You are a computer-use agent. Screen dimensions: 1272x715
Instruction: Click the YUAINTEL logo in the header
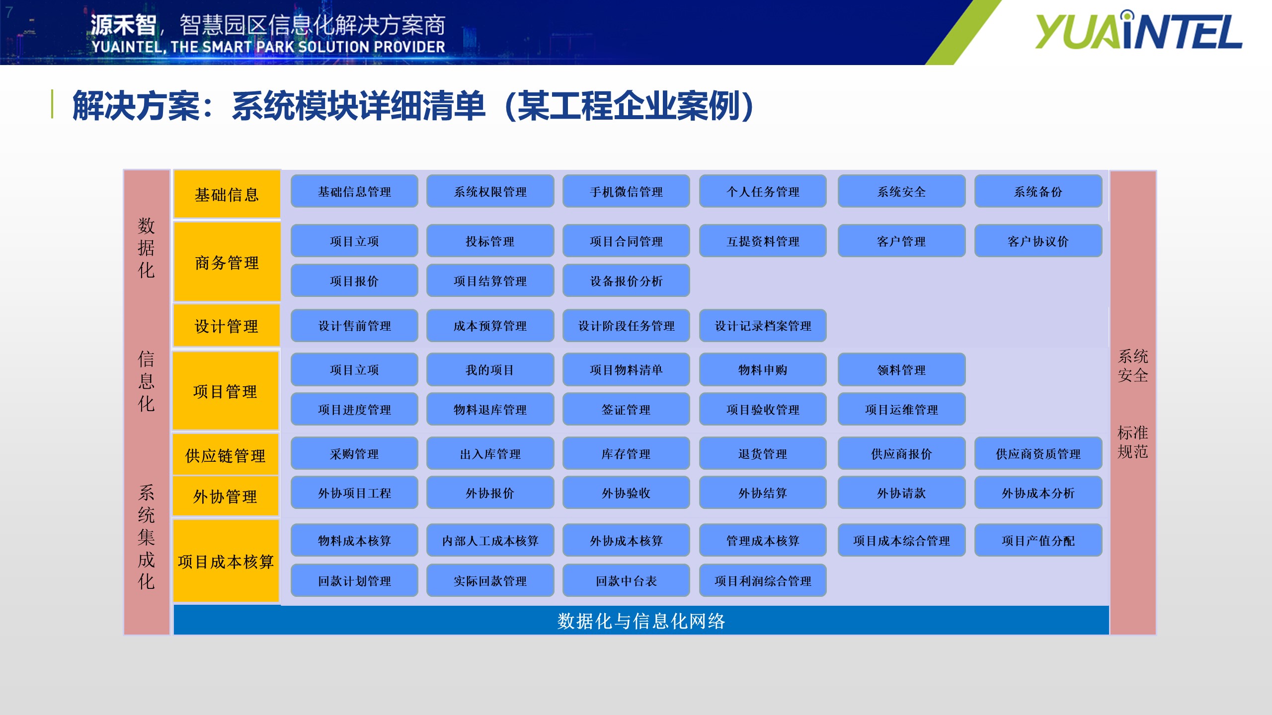[x=1138, y=31]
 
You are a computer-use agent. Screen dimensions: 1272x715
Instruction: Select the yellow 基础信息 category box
[x=227, y=194]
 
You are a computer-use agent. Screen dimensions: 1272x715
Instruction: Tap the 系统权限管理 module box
[x=490, y=191]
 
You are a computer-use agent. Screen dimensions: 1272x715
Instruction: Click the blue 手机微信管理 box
[x=626, y=191]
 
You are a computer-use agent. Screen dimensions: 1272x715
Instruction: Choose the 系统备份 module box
[x=1038, y=191]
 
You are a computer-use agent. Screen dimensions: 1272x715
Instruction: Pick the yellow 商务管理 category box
[x=227, y=262]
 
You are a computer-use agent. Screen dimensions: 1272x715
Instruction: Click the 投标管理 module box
[x=490, y=241]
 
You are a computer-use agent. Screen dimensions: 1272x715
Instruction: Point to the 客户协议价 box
[x=1038, y=241]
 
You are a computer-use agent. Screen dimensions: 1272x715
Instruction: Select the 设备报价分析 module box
[x=626, y=281]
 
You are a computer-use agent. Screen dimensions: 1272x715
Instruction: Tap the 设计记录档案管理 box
[x=763, y=326]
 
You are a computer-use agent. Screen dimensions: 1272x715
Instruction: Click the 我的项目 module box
[x=490, y=369]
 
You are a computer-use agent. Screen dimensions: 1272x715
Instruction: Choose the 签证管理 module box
[x=626, y=409]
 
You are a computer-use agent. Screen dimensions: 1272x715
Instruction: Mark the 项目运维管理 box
[x=901, y=409]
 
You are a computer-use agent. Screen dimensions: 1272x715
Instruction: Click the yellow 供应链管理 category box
[x=226, y=454]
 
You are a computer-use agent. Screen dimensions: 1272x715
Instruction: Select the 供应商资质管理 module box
[x=1038, y=453]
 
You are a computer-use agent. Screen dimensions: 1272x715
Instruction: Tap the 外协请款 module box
[x=901, y=493]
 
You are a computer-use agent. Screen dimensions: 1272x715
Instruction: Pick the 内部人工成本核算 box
[x=490, y=540]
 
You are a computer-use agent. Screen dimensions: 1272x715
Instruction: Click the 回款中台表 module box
[x=626, y=580]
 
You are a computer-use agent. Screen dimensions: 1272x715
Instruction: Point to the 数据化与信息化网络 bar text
[x=641, y=621]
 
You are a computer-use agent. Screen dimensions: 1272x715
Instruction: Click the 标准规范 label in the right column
[x=1133, y=442]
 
